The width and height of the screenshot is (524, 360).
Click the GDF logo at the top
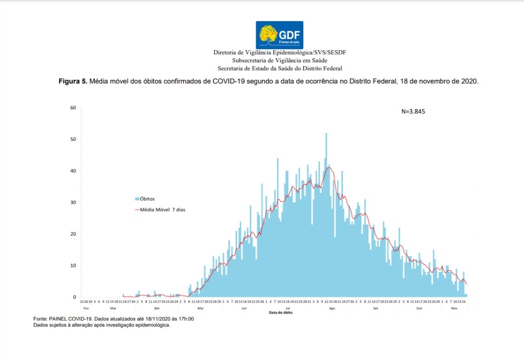[x=279, y=35]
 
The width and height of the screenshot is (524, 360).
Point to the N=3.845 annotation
[x=413, y=112]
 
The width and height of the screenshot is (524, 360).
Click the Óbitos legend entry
[x=147, y=199]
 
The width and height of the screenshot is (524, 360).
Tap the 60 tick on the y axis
[x=73, y=108]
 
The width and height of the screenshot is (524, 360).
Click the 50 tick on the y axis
[x=73, y=139]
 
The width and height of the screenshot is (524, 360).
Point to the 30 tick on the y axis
[x=73, y=203]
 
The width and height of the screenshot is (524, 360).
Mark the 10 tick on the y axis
[x=73, y=266]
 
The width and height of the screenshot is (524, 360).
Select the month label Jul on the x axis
[x=287, y=308]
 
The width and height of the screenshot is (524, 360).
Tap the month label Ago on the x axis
[x=331, y=308]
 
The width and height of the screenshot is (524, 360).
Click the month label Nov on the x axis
[x=454, y=308]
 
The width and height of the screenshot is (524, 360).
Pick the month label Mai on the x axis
[x=200, y=308]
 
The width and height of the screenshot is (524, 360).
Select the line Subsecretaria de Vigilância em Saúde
[x=279, y=60]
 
